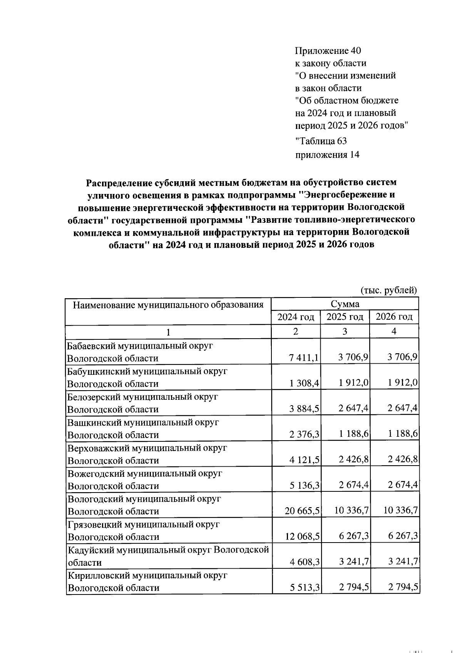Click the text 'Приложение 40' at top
pyautogui.click(x=328, y=51)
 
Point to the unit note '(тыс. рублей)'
pyautogui.click(x=388, y=290)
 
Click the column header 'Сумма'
pyautogui.click(x=345, y=304)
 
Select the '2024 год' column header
pyautogui.click(x=296, y=317)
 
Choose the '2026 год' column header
pyautogui.click(x=394, y=317)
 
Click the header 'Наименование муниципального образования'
pyautogui.click(x=168, y=305)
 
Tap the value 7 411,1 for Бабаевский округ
pyautogui.click(x=304, y=358)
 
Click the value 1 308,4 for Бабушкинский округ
pyautogui.click(x=304, y=383)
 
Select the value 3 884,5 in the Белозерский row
pyautogui.click(x=304, y=409)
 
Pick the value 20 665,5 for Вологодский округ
pyautogui.click(x=302, y=511)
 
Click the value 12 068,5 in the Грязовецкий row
pyautogui.click(x=302, y=536)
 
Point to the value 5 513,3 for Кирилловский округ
pyautogui.click(x=304, y=588)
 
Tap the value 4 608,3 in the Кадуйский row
pyautogui.click(x=304, y=562)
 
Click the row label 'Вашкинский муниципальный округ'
pyautogui.click(x=143, y=423)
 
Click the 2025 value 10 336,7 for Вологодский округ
pyautogui.click(x=352, y=511)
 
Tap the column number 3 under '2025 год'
pyautogui.click(x=345, y=331)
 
